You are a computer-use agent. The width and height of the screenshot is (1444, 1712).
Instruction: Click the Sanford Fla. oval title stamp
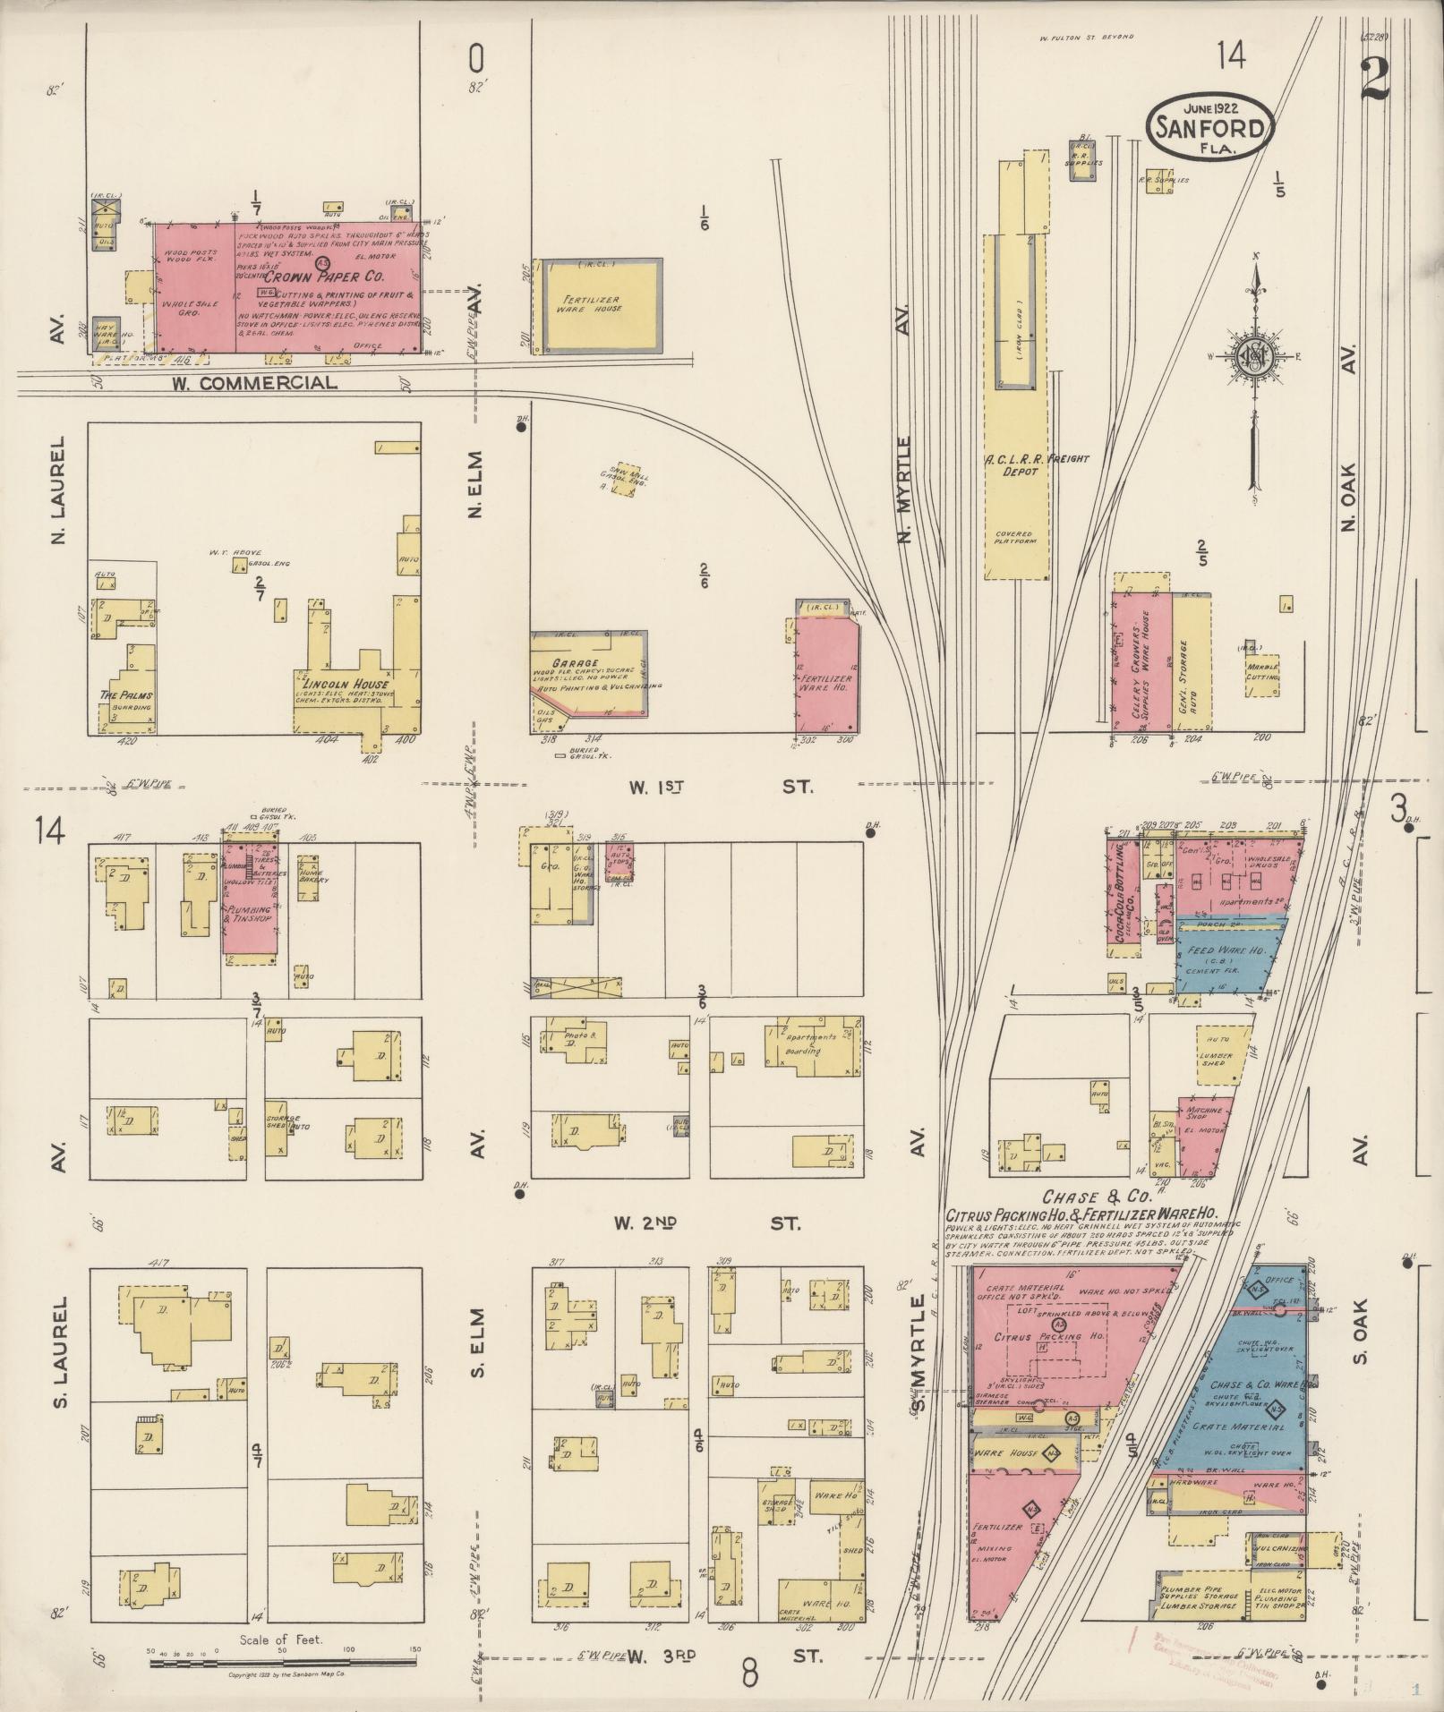tap(1211, 127)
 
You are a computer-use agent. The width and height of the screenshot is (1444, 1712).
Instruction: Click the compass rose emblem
tap(1255, 356)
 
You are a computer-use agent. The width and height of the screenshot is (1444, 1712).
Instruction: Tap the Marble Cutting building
tap(1261, 672)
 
